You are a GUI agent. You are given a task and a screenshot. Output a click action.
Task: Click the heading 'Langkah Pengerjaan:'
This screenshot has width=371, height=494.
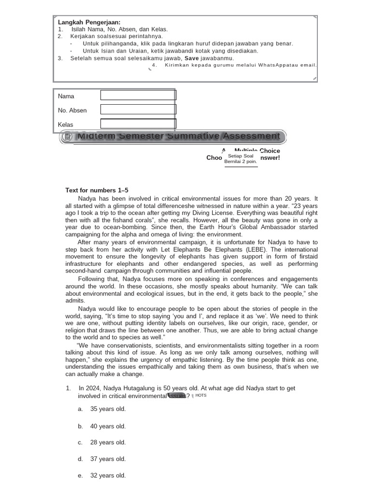click(89, 22)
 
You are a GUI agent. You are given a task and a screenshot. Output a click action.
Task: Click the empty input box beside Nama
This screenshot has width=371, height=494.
click(138, 95)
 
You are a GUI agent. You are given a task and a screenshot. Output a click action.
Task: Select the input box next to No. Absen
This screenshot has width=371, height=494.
click(138, 110)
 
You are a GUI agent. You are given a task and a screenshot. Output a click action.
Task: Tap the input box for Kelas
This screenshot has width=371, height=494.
click(138, 124)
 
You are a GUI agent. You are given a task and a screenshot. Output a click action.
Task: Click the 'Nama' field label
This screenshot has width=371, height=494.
click(66, 96)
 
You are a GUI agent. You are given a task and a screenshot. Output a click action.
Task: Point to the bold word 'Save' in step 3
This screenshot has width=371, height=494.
click(192, 58)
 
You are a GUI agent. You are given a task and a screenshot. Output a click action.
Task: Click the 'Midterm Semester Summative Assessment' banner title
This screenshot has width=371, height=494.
click(178, 136)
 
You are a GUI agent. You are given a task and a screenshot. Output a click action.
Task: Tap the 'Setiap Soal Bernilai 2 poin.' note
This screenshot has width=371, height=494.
click(241, 159)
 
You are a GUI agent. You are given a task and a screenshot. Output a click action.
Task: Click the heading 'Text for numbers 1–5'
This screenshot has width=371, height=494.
click(97, 190)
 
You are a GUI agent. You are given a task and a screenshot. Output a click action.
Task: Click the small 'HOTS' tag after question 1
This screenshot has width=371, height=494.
click(201, 395)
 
